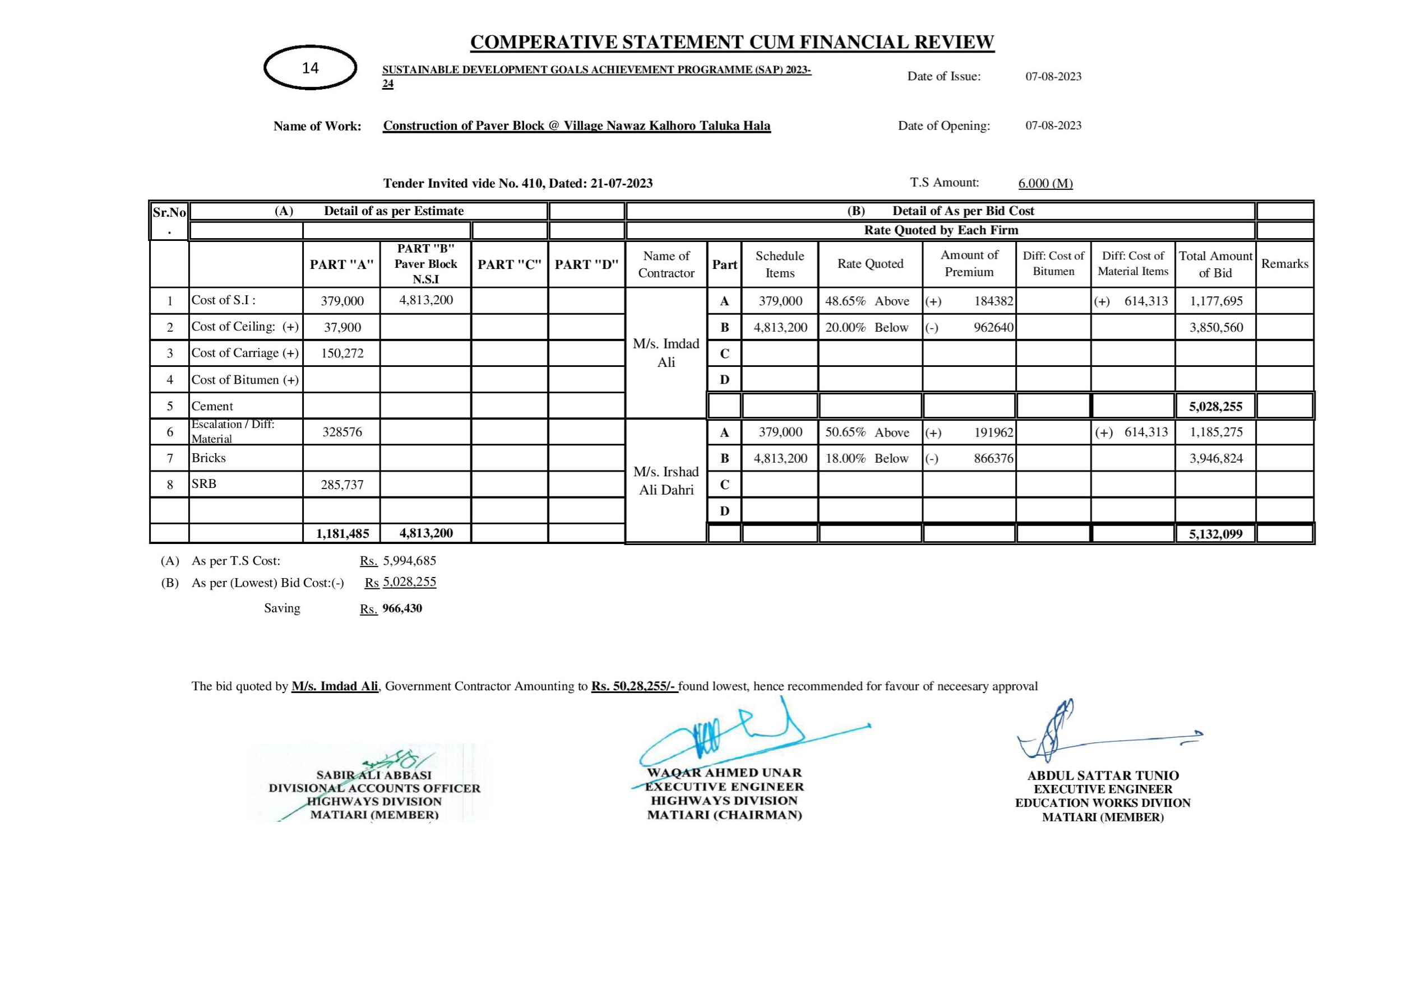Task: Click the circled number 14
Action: point(310,68)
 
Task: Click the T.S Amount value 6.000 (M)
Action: point(1045,183)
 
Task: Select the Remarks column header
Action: point(1285,264)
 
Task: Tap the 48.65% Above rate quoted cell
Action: point(867,301)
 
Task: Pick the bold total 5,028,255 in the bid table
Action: point(1215,407)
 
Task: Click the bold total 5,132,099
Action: point(1215,534)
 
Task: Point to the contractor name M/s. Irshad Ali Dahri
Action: point(666,481)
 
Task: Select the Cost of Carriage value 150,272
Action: point(343,354)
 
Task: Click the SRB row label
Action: point(204,484)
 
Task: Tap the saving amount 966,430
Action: point(402,608)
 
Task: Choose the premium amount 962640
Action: point(993,327)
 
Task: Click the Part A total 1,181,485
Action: point(343,534)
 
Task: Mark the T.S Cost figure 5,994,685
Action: point(410,561)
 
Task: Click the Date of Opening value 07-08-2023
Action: point(1053,126)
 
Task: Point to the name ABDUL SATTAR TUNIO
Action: point(1103,775)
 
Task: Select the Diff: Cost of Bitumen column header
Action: point(1053,263)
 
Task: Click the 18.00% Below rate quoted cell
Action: point(867,459)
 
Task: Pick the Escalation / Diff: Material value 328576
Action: point(343,432)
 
